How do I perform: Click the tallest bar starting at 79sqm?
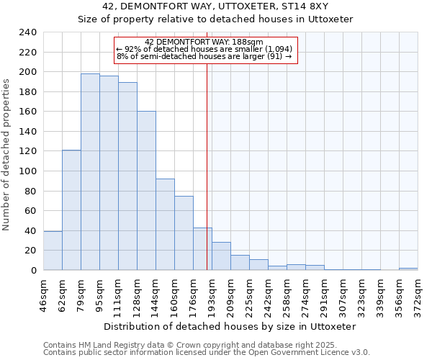coord(90,172)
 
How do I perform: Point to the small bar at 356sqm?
coord(408,269)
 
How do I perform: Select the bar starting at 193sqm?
coord(221,256)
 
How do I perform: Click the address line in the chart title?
coord(215,6)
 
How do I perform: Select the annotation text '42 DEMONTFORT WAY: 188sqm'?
coord(204,42)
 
